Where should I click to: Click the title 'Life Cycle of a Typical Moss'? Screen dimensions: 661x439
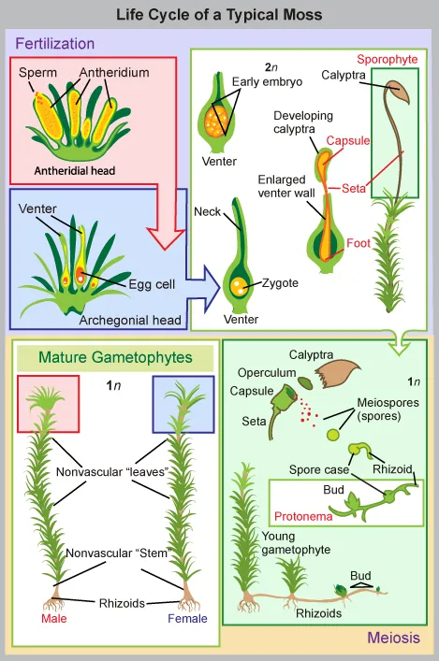219,14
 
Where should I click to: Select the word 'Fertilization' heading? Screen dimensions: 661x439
55,43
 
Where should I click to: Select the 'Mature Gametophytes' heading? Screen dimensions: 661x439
115,356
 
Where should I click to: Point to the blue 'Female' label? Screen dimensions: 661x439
185,618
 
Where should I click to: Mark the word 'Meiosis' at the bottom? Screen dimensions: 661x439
393,639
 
